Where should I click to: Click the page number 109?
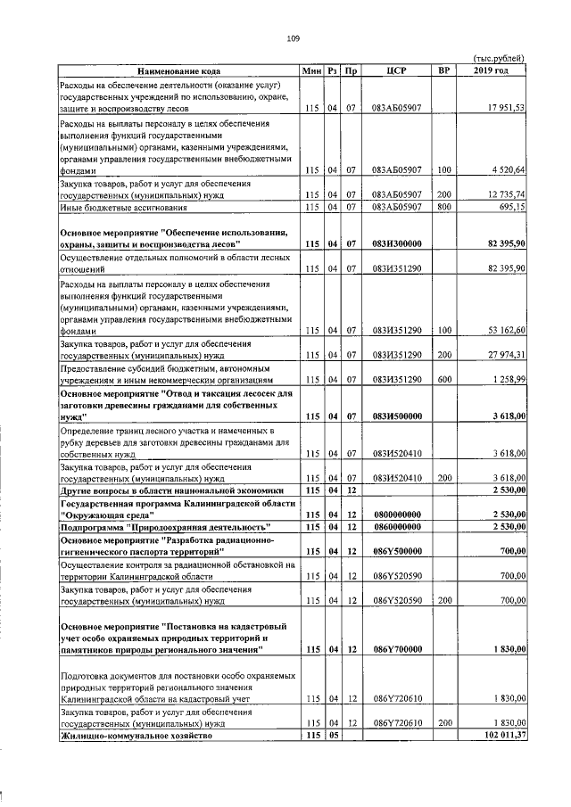pos(293,37)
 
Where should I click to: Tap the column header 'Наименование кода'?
pos(178,70)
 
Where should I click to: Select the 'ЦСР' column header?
pos(397,70)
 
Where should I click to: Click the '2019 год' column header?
pos(491,70)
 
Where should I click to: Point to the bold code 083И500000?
pos(397,416)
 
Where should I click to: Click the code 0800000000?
pos(397,515)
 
